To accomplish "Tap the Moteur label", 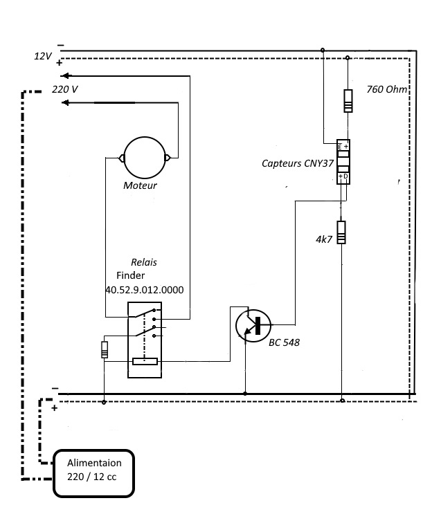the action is click(x=140, y=185).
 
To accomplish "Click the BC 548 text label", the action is click(x=284, y=342).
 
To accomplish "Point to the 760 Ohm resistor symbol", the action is click(x=348, y=101).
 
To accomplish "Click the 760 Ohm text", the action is click(x=387, y=89).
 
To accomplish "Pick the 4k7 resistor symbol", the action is click(x=341, y=232).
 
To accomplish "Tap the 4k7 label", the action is click(x=324, y=239).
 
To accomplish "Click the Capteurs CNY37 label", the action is click(x=298, y=163).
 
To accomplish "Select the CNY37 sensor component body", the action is click(x=343, y=162).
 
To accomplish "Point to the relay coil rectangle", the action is click(x=145, y=361).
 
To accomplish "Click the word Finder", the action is click(x=131, y=275).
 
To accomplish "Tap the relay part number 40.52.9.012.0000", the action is click(x=145, y=290).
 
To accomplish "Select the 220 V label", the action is click(x=65, y=89).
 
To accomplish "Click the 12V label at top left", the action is click(x=43, y=56).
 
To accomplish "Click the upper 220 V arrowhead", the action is click(x=65, y=75).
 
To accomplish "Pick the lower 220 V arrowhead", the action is click(x=65, y=102).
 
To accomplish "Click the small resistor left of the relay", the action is click(x=105, y=349).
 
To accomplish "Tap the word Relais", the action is click(x=144, y=262).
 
